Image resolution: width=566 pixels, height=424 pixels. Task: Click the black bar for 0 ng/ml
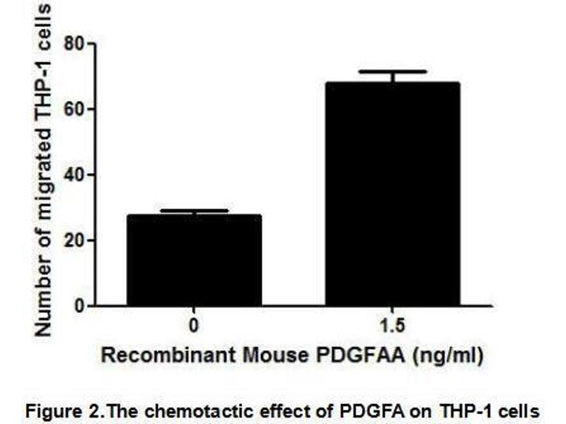point(194,261)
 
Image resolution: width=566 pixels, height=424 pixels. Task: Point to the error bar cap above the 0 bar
point(194,210)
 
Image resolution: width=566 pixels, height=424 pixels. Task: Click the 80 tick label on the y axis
point(74,44)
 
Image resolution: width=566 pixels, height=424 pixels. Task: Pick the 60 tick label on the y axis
point(74,110)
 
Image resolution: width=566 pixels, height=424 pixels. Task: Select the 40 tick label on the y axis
point(74,175)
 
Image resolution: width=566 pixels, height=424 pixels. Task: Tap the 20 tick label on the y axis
point(74,240)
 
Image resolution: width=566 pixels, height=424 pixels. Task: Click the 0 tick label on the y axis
point(79,306)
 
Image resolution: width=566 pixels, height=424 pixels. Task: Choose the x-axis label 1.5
point(392,327)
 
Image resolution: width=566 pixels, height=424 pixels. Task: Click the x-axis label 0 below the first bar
point(194,327)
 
